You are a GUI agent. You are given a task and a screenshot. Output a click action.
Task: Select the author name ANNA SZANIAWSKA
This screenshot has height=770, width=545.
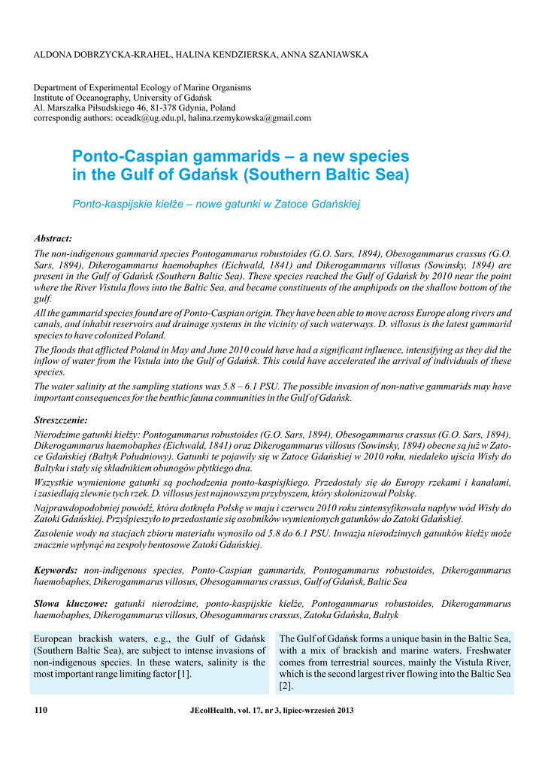(320, 55)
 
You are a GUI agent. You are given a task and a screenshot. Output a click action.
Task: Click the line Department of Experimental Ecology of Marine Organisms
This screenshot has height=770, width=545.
(143, 88)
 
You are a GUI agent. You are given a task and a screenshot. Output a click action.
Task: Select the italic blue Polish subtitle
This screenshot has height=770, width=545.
(216, 205)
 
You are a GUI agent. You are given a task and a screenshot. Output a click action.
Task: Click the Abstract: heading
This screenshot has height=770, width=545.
(53, 238)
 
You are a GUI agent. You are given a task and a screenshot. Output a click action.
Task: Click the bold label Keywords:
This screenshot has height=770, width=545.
(56, 571)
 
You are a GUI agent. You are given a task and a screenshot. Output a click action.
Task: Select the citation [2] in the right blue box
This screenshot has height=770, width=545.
(286, 686)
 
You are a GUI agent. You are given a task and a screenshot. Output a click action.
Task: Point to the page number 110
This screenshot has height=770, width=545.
(41, 710)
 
